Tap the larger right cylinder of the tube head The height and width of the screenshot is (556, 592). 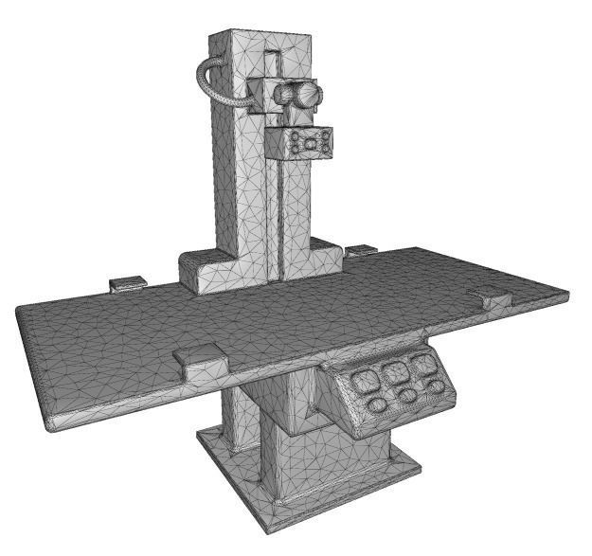pyautogui.click(x=306, y=95)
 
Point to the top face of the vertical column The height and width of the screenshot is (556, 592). pyautogui.click(x=259, y=39)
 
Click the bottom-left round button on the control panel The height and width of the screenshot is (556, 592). pyautogui.click(x=378, y=405)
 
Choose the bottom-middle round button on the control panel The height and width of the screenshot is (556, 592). pyautogui.click(x=407, y=396)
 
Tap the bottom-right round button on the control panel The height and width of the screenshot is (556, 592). pyautogui.click(x=435, y=387)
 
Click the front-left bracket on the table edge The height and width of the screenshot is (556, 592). pyautogui.click(x=200, y=358)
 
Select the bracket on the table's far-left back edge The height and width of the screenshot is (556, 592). pyautogui.click(x=128, y=282)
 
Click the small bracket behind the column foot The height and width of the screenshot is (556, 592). pyautogui.click(x=361, y=251)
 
